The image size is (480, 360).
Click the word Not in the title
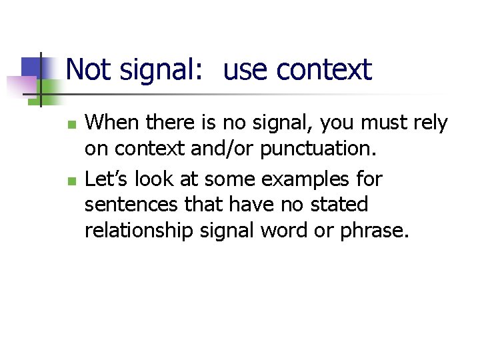coord(87,69)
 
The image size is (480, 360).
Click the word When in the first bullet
coord(109,123)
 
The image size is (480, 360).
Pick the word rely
coord(429,123)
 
